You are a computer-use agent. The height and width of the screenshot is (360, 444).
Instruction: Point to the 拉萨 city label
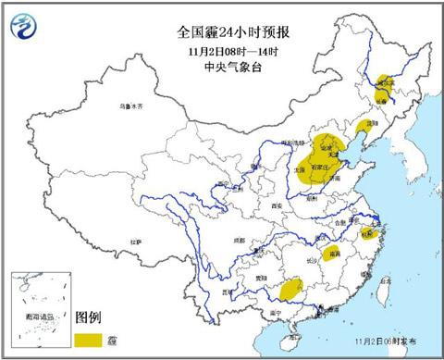pyautogui.click(x=138, y=242)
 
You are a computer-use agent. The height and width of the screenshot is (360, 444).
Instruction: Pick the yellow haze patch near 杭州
pyautogui.click(x=369, y=233)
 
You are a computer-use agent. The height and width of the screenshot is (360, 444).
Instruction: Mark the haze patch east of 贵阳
pyautogui.click(x=292, y=286)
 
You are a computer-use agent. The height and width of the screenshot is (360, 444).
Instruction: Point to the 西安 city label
pyautogui.click(x=275, y=205)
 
